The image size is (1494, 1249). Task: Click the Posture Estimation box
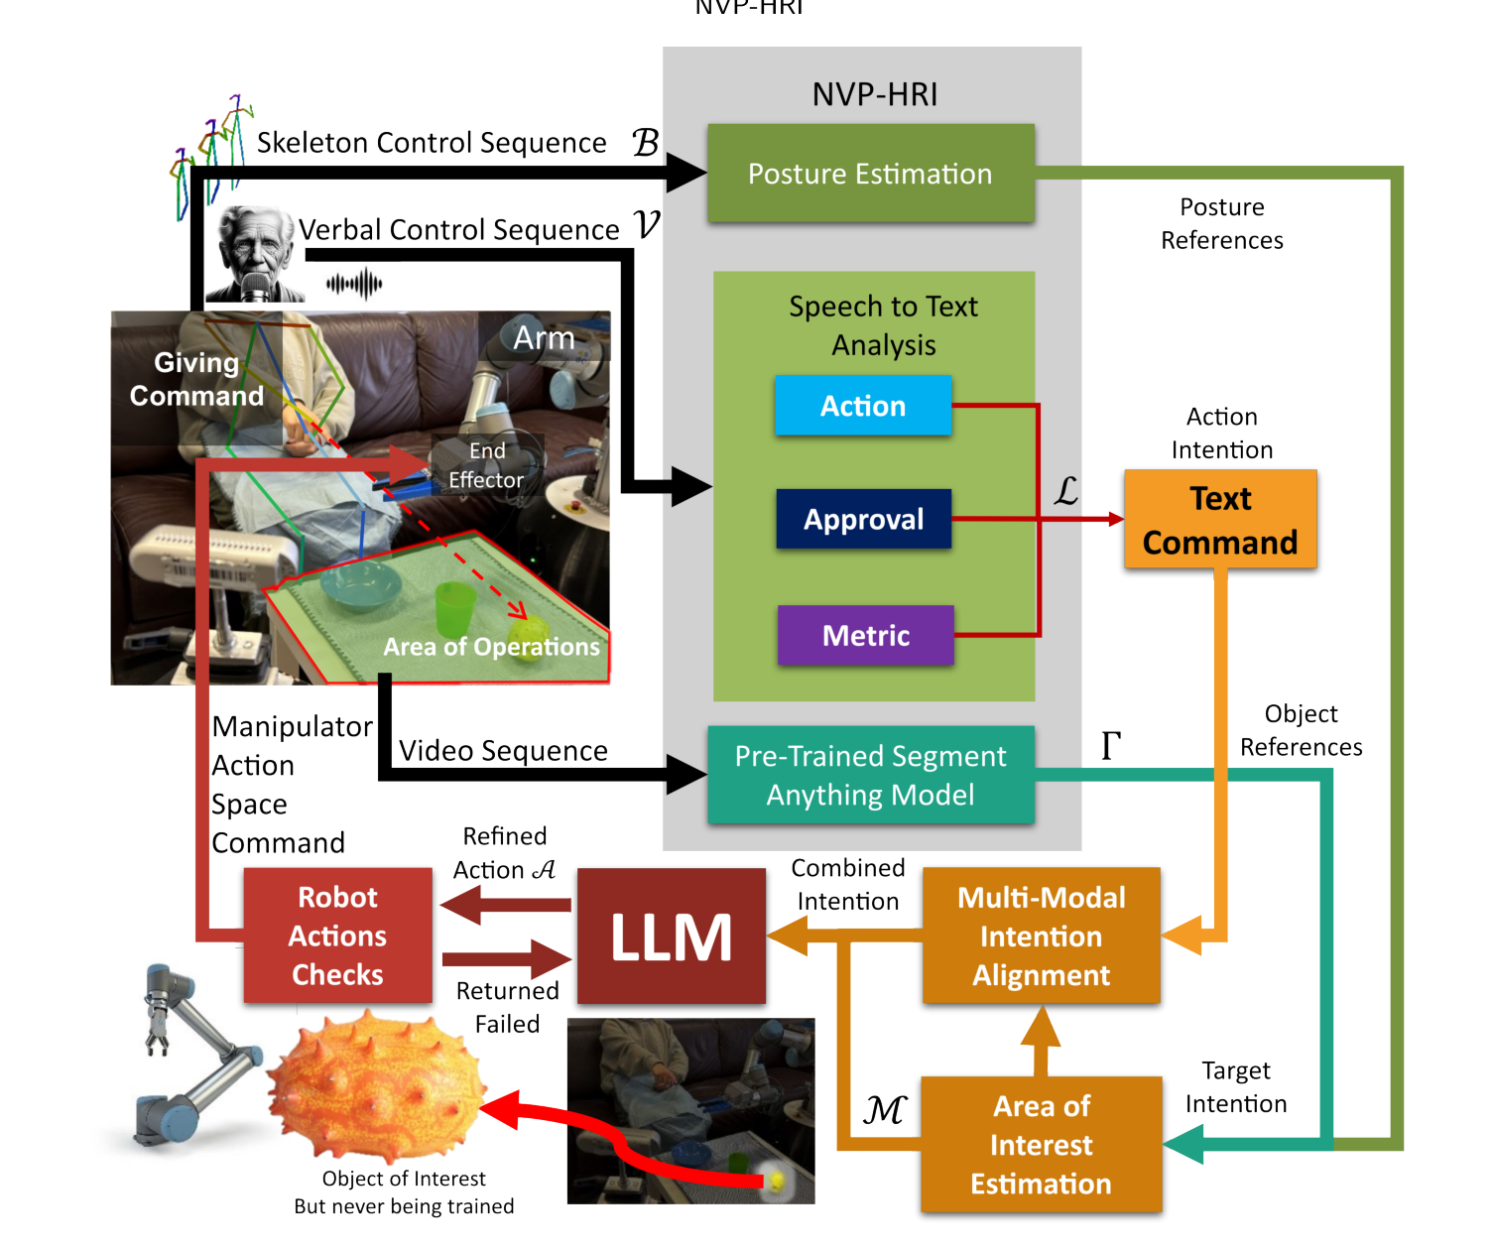tap(870, 174)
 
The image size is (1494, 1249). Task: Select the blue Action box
tap(863, 406)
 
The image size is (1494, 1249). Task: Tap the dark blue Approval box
tap(863, 519)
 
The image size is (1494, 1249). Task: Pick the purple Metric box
tap(865, 636)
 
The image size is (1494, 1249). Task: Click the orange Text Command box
tap(1220, 520)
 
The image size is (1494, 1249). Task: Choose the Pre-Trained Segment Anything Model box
tap(870, 775)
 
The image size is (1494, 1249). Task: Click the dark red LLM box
tap(672, 937)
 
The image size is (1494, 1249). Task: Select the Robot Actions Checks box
tap(337, 936)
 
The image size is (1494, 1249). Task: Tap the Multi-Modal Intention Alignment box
tap(1041, 936)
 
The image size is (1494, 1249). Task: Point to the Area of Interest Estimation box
tap(1041, 1144)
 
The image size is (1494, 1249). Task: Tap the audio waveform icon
tap(354, 284)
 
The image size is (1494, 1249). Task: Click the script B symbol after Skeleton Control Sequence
tap(646, 143)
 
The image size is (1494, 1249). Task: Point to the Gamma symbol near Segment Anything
tap(1111, 745)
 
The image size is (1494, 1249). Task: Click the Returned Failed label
tap(507, 1007)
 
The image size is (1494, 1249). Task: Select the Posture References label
tap(1221, 223)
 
